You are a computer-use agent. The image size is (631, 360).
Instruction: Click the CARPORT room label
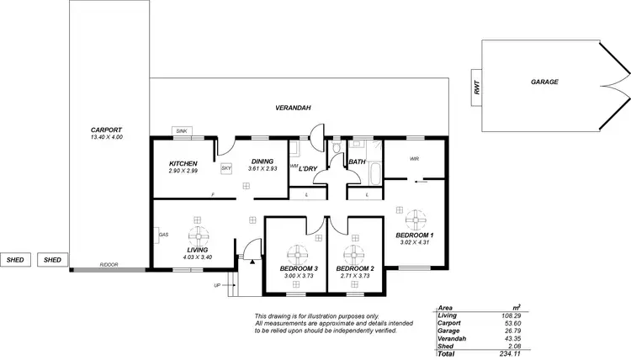point(106,130)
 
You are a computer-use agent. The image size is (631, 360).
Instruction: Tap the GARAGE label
point(544,82)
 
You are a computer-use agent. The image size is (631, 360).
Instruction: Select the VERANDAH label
point(294,109)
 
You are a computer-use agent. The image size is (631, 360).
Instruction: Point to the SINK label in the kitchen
point(182,131)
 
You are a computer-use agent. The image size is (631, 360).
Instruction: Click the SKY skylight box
point(226,168)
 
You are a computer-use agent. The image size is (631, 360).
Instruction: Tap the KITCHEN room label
point(183,163)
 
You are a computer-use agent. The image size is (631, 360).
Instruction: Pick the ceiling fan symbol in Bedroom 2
point(354,253)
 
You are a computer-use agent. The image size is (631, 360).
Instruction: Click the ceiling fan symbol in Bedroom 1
point(414,217)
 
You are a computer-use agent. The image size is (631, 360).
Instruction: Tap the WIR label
point(414,158)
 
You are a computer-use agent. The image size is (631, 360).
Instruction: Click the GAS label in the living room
point(162,234)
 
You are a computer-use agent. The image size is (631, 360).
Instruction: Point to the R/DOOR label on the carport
point(109,264)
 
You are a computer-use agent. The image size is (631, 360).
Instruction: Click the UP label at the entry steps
point(217,285)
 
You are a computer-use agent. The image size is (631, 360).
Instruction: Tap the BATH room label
point(357,161)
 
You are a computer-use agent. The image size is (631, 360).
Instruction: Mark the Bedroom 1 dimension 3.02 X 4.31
point(414,242)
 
